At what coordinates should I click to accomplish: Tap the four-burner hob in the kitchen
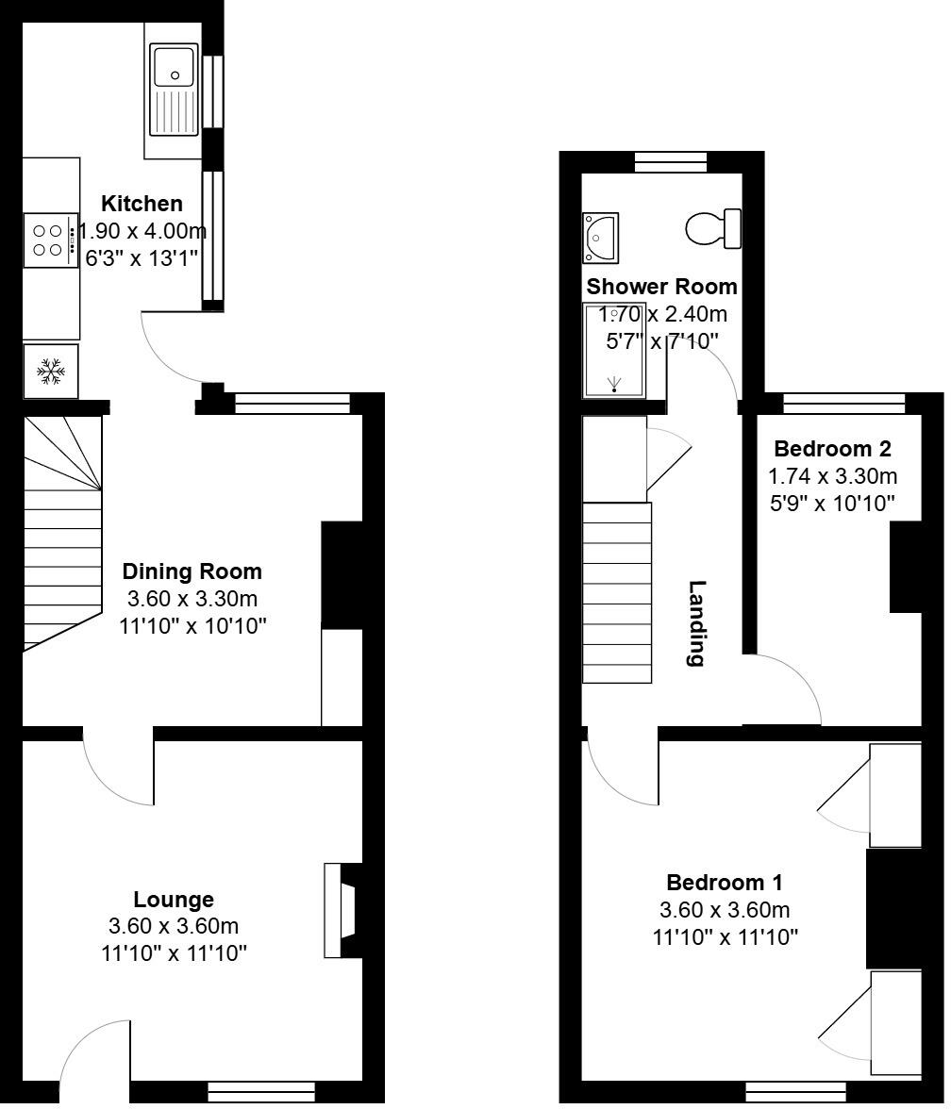click(49, 240)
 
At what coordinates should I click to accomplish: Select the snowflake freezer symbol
click(51, 372)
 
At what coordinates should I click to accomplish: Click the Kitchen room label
click(142, 204)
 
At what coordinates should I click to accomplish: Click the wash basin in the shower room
click(600, 237)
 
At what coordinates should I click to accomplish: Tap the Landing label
click(696, 623)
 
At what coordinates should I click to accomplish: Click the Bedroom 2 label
click(832, 449)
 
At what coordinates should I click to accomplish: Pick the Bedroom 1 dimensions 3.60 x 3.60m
click(725, 910)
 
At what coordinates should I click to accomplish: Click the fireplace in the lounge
click(342, 910)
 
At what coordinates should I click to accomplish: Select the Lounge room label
click(174, 900)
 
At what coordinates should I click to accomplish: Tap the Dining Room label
click(192, 571)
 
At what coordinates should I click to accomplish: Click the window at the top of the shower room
click(670, 163)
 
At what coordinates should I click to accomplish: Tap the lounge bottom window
click(260, 1093)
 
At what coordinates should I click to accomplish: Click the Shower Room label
click(661, 287)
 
